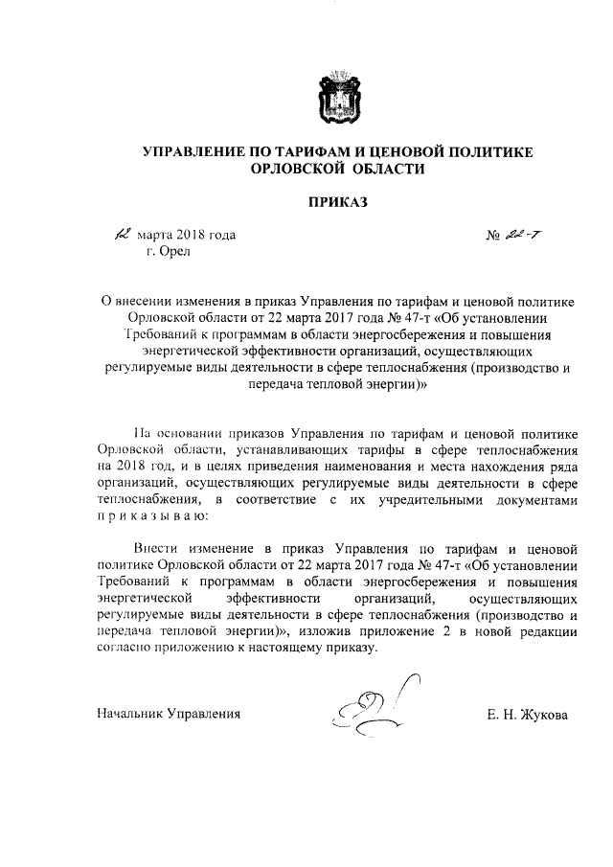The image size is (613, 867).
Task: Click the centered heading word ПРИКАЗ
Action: pos(336,201)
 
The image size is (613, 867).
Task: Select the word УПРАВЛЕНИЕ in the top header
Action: pos(195,151)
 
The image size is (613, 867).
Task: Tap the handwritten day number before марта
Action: pos(121,234)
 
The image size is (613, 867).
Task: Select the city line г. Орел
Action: pos(169,251)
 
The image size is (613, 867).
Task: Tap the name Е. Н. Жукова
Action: pos(528,714)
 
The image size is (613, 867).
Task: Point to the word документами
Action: pos(533,499)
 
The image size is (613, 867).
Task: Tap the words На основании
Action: pos(170,433)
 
